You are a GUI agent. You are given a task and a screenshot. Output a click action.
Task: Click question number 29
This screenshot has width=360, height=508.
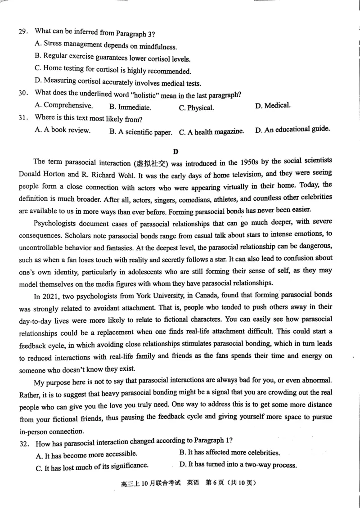pyautogui.click(x=22, y=31)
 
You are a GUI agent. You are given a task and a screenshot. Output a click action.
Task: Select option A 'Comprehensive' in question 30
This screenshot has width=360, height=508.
pyautogui.click(x=63, y=106)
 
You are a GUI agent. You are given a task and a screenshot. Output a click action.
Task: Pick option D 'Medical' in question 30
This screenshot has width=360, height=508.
pyautogui.click(x=273, y=106)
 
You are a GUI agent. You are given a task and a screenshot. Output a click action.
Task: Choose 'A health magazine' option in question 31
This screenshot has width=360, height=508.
pyautogui.click(x=211, y=132)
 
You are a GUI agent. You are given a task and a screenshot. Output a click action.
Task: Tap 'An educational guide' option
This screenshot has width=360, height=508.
pyautogui.click(x=292, y=130)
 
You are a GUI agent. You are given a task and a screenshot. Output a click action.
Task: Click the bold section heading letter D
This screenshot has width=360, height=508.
pyautogui.click(x=176, y=151)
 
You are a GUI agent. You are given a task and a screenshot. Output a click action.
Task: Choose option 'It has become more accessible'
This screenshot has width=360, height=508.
pyautogui.click(x=86, y=454)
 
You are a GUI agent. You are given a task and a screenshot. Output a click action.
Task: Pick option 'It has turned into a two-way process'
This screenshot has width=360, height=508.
pyautogui.click(x=238, y=465)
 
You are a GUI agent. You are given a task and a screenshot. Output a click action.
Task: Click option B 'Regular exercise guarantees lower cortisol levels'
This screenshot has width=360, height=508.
pyautogui.click(x=112, y=58)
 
